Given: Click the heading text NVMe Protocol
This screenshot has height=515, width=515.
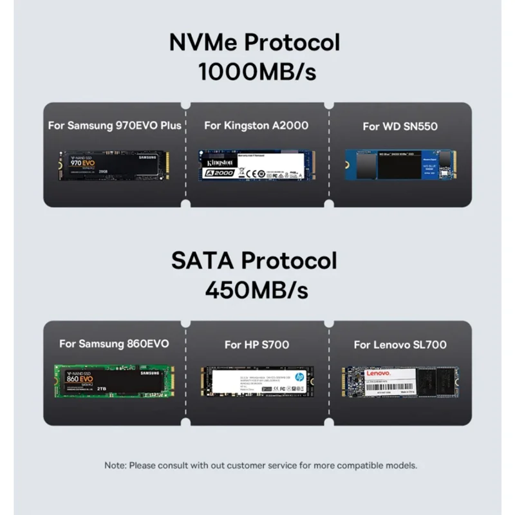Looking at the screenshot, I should tap(254, 42).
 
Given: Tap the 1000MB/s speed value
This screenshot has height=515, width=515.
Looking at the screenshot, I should tap(257, 71).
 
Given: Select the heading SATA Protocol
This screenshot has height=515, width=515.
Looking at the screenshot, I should tap(254, 261).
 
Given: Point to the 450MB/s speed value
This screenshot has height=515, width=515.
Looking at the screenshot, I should tap(256, 290).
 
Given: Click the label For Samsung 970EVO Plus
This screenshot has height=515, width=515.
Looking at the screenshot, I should tap(115, 125).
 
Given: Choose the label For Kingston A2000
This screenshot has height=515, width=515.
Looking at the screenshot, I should tap(256, 125).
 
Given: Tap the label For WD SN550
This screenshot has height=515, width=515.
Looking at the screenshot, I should tap(400, 126).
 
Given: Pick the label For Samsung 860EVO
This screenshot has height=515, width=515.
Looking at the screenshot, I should tap(114, 344).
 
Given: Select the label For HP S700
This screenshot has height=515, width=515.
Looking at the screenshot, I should tap(256, 344).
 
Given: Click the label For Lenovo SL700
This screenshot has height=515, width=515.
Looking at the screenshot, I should tap(400, 344).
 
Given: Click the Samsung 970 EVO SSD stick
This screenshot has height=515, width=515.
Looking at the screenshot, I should tap(115, 166).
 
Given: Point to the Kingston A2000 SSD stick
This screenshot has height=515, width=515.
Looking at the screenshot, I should tap(256, 167).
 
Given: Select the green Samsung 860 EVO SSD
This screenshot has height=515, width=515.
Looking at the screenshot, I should tap(115, 384).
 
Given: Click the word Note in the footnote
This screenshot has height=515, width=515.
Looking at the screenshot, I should tap(115, 465).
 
